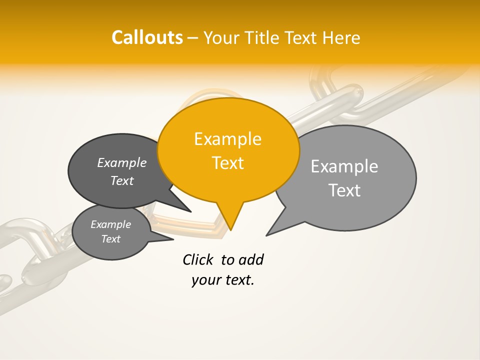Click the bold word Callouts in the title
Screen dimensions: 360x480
click(147, 37)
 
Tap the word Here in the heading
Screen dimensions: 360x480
click(341, 37)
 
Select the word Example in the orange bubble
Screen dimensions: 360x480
click(227, 139)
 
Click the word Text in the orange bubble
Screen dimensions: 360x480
click(227, 163)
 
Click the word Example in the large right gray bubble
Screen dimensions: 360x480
click(344, 166)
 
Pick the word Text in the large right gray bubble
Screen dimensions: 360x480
click(344, 190)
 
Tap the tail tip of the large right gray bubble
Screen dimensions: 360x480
click(266, 235)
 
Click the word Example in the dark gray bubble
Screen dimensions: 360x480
click(122, 163)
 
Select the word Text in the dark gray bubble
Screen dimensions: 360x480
click(122, 181)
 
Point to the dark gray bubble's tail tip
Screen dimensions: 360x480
click(191, 211)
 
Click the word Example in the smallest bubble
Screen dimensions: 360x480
click(110, 224)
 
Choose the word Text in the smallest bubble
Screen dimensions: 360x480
click(110, 239)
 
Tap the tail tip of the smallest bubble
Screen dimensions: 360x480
click(173, 239)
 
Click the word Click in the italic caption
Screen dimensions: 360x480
click(198, 259)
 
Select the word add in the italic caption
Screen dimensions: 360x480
click(251, 259)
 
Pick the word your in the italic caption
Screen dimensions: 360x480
click(205, 280)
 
